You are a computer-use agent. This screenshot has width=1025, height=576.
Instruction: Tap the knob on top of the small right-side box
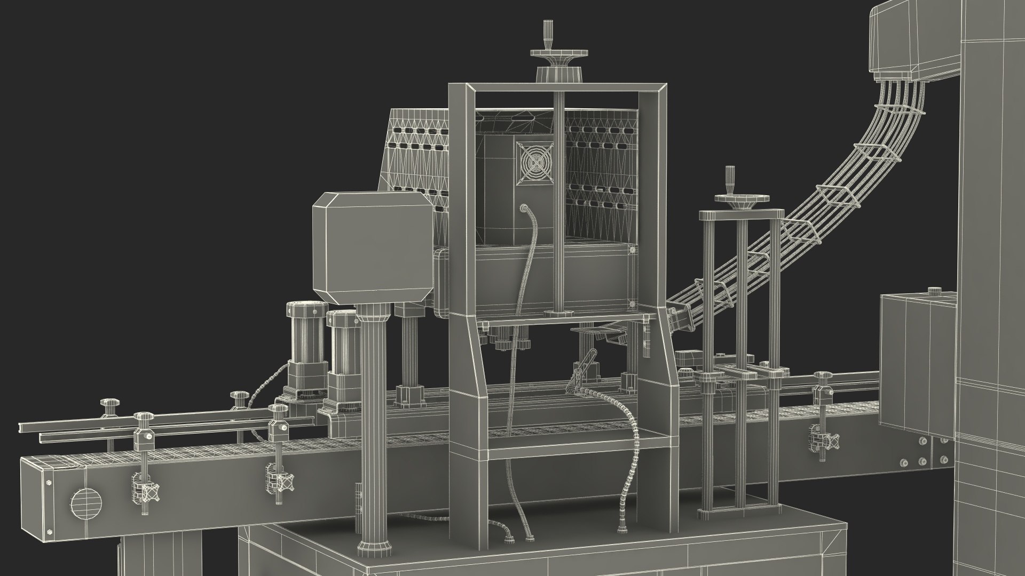(934, 291)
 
